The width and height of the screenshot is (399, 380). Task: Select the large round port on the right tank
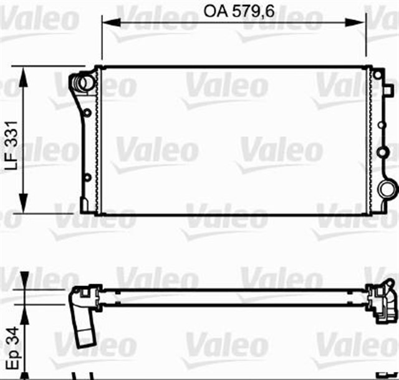[x=386, y=190]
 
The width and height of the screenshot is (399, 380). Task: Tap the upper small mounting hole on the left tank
[x=87, y=113]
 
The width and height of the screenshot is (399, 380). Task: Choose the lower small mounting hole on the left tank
[x=87, y=178]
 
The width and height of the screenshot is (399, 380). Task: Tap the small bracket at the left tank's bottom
[x=84, y=204]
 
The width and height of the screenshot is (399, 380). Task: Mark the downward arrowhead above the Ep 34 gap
[x=24, y=285]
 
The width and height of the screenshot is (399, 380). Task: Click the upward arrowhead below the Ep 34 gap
[x=24, y=310]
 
